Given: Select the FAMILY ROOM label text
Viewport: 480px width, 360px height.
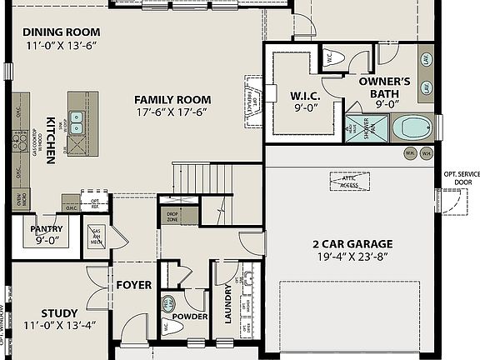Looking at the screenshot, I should point(171,97).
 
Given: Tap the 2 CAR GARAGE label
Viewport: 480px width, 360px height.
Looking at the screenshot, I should point(352,244).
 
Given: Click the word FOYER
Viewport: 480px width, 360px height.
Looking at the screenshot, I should point(133,285).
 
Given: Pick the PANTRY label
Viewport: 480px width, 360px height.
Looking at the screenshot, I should point(47,229).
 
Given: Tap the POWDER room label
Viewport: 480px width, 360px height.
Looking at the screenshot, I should point(190,317).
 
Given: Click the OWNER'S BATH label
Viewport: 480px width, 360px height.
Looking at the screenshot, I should point(385,87).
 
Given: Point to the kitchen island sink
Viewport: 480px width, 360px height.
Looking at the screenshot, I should point(76,122).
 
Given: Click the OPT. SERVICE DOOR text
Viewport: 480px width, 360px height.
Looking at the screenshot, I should point(457,182).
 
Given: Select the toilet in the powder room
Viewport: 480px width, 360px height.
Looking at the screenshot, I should point(169,303).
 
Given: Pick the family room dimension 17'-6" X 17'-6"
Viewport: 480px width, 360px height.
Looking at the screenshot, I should point(171,111).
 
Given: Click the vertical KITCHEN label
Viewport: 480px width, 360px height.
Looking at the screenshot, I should point(51,139).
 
